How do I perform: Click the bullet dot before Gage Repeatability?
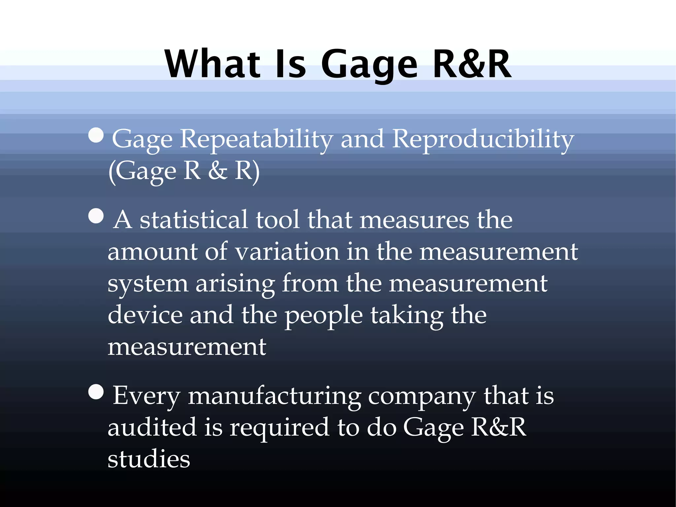click(96, 135)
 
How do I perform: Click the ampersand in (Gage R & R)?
click(218, 171)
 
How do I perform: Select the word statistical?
click(193, 220)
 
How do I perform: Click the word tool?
click(277, 220)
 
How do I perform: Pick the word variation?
click(287, 252)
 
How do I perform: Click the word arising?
click(235, 283)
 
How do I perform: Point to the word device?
click(145, 315)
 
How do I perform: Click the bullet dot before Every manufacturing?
click(96, 392)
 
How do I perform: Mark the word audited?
click(152, 427)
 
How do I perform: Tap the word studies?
click(149, 459)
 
